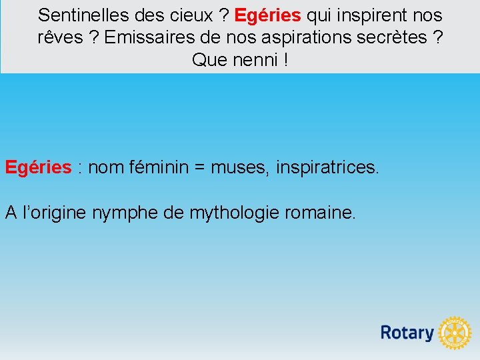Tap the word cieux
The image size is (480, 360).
(187, 15)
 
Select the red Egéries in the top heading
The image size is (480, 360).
(267, 15)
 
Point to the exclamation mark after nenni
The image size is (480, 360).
(285, 60)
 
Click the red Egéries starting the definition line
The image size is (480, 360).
(38, 167)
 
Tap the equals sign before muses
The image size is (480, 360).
(199, 167)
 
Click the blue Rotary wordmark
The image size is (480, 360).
(407, 332)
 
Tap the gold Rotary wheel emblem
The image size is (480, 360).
(455, 332)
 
